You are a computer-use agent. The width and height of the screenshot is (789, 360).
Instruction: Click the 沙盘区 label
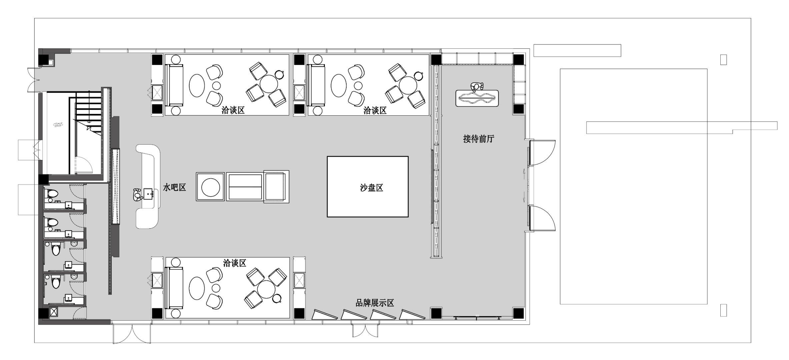[371, 188]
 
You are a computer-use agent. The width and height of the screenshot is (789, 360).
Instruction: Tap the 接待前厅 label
[478, 139]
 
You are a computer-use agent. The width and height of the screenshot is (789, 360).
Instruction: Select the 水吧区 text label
[174, 187]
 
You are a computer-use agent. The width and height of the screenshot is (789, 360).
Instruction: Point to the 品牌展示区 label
[375, 303]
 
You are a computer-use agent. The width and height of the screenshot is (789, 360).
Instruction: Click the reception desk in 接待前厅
[477, 98]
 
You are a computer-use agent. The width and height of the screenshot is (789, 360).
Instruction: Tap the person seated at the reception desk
[477, 87]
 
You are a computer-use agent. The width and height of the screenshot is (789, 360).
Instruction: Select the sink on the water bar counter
[149, 193]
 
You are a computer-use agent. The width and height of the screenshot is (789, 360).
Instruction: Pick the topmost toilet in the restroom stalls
[52, 194]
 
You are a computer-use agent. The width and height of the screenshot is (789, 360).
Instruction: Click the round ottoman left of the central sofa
[210, 187]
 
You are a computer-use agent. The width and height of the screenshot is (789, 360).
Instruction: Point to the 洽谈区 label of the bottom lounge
[235, 263]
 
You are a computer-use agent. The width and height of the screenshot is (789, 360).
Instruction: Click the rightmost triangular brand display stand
[412, 315]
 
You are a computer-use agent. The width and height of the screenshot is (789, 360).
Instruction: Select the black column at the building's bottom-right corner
[518, 313]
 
